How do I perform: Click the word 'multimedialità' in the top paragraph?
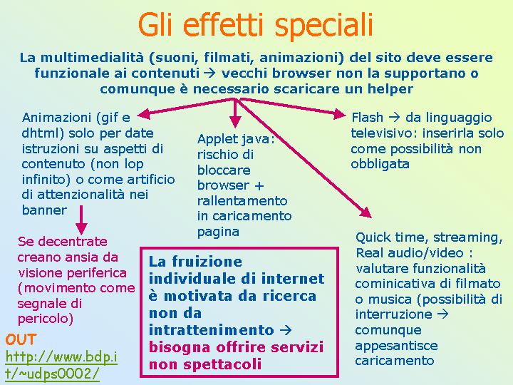92,58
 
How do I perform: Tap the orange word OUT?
20,340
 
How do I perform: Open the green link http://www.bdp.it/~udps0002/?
61,365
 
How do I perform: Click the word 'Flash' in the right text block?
367,117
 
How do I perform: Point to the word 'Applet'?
215,140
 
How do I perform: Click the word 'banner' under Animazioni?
44,210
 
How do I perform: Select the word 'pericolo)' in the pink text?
45,319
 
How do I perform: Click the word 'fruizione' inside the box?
207,262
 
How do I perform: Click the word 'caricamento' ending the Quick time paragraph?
395,361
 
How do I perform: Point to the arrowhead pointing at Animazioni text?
143,114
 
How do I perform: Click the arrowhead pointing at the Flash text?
340,114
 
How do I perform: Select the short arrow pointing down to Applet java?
235,113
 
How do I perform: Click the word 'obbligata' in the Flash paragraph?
380,164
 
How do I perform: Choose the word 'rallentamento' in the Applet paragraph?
242,200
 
